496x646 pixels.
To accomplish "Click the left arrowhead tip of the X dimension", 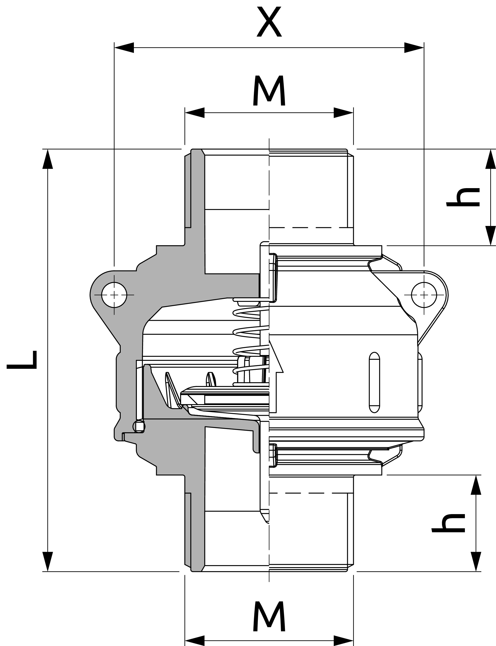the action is [114, 48].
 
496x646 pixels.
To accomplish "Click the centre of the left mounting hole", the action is [114, 295].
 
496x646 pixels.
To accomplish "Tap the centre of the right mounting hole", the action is [424, 295].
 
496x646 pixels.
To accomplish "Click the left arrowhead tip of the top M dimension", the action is [185, 112].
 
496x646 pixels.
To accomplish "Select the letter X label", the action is [269, 22].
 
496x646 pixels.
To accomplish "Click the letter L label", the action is [22, 360].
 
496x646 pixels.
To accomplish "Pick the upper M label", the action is [269, 90].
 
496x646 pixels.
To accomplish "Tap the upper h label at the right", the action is [463, 197].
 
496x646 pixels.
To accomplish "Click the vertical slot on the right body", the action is [374, 382].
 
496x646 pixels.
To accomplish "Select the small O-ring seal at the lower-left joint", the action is [139, 426].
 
